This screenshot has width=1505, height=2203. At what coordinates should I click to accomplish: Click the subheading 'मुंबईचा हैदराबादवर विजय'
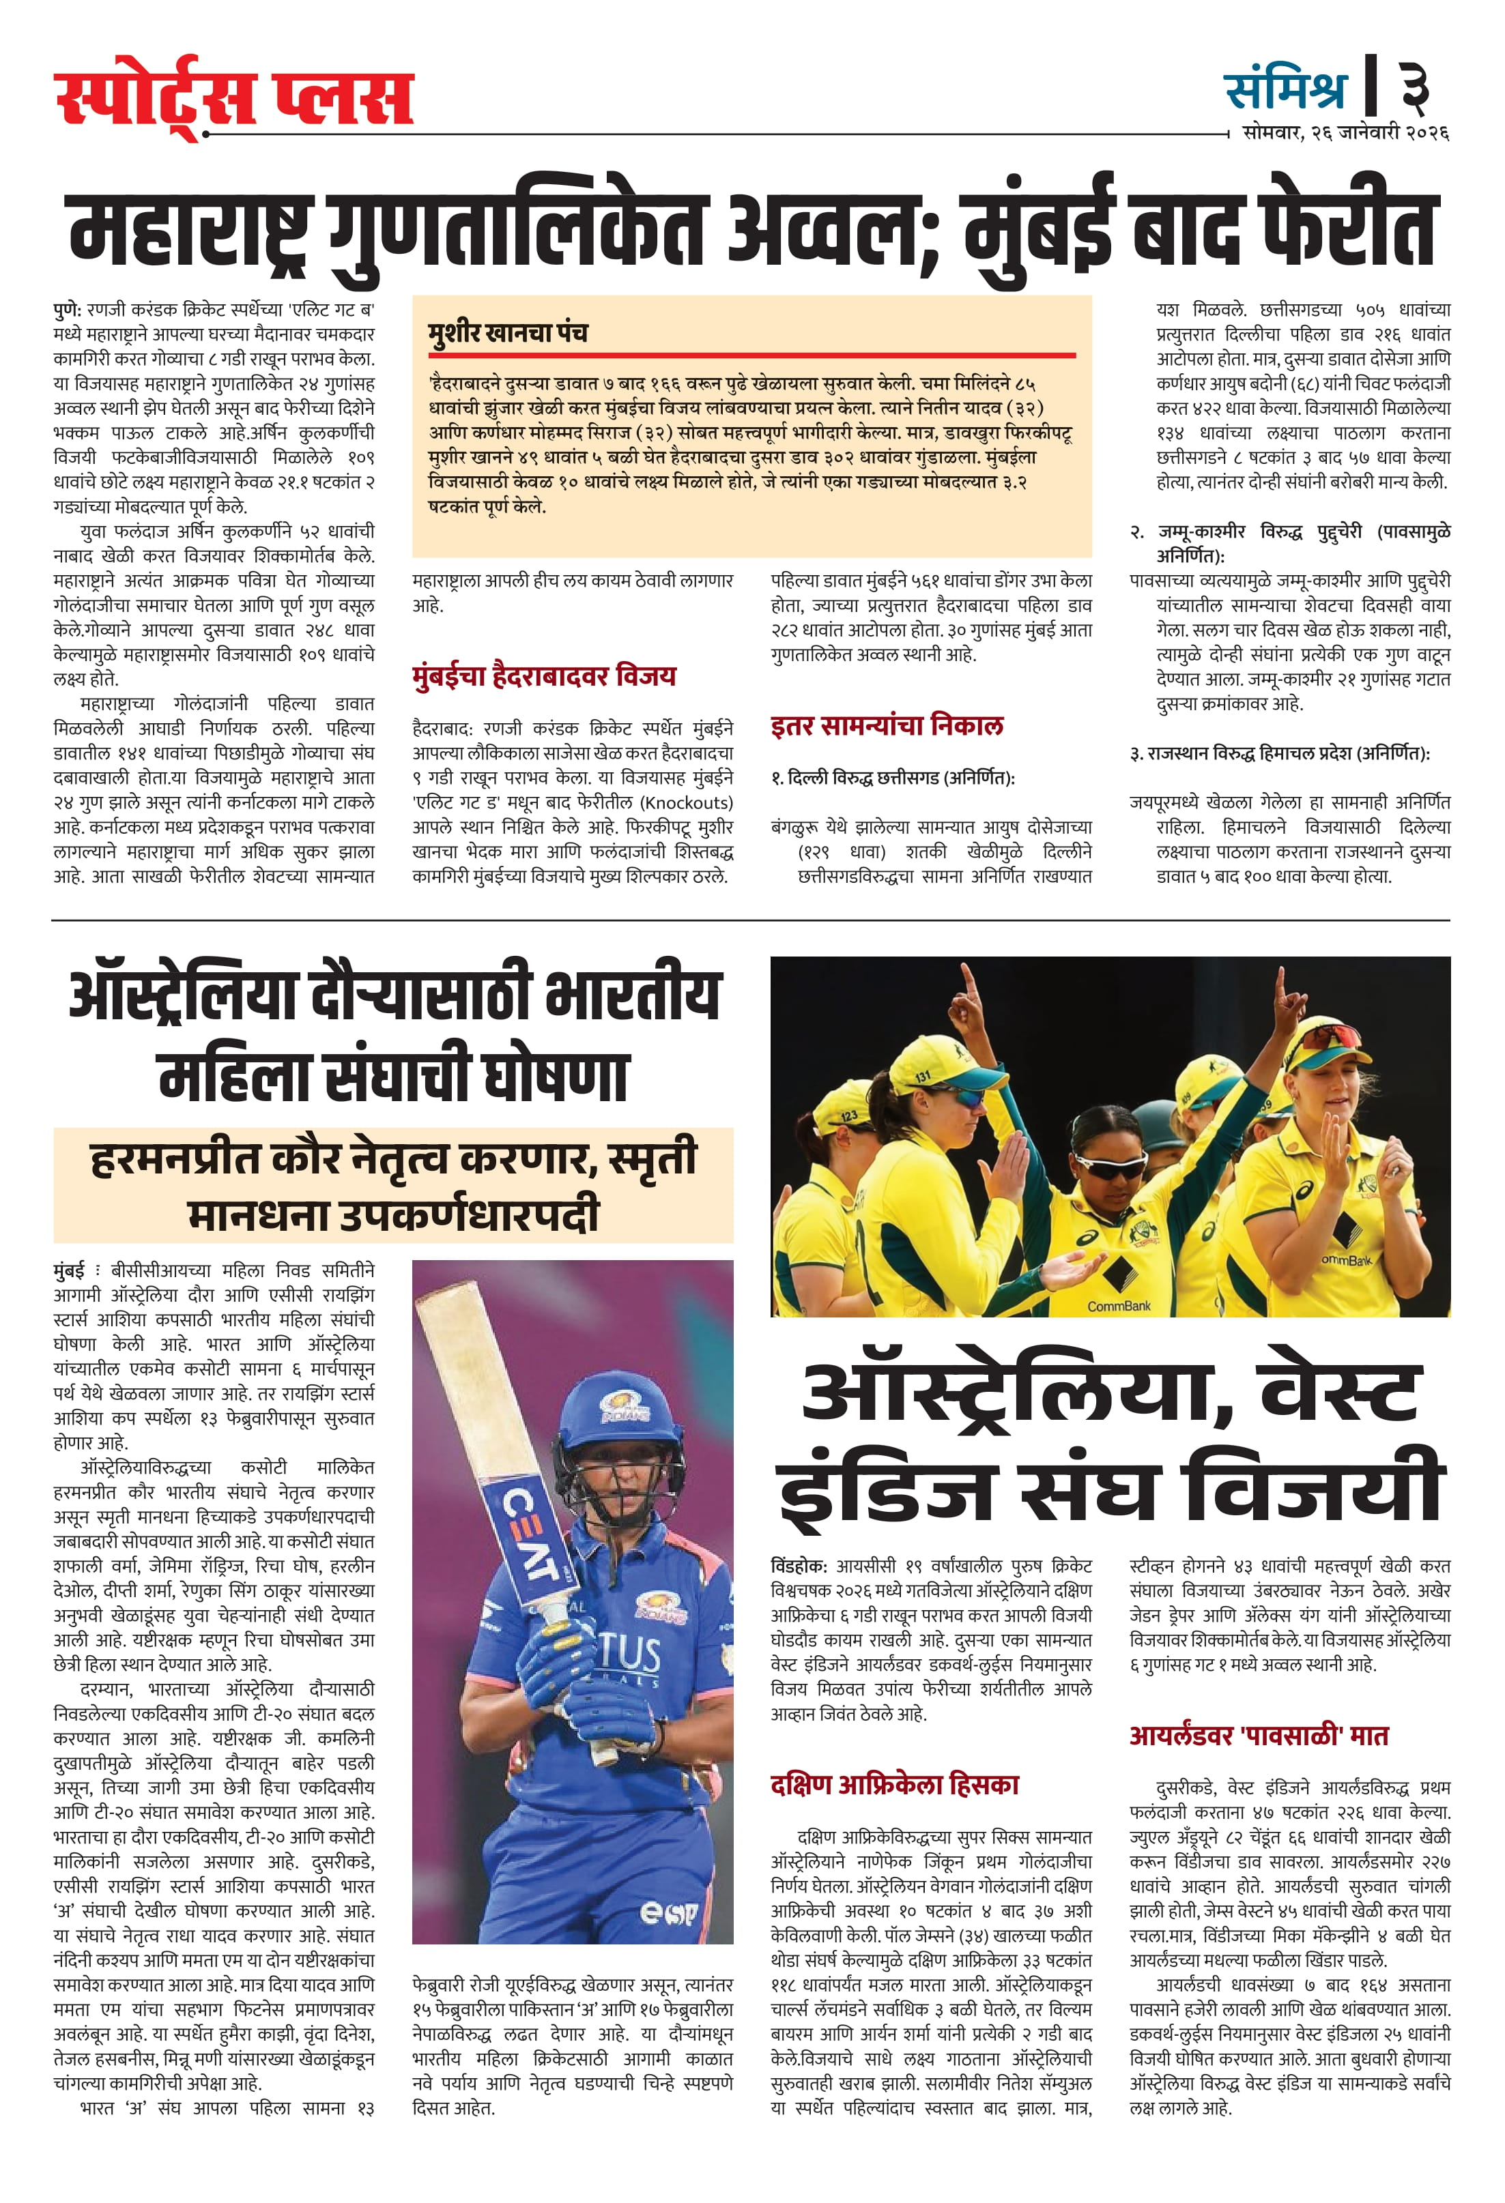[545, 676]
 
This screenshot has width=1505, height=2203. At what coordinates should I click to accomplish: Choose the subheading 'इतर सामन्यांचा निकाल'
[887, 726]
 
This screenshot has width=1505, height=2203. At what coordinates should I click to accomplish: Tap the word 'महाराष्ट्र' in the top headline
[190, 231]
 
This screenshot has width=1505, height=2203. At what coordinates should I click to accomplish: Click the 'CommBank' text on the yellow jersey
[1119, 1305]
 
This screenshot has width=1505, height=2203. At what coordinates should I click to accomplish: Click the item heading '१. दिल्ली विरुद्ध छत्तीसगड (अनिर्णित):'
[892, 778]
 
